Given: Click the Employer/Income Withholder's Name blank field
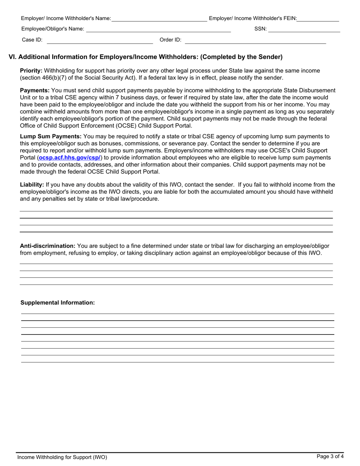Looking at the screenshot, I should coord(159,19).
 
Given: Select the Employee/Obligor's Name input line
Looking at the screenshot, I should coord(158,29).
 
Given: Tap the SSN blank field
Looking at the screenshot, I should coord(304,29).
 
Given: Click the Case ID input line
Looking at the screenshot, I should coord(99,40).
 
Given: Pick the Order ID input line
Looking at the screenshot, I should coord(255,40).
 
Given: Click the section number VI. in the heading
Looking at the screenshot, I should coord(13,57).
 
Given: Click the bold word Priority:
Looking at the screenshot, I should coord(31,71).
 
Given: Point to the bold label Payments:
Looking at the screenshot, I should coord(34,91).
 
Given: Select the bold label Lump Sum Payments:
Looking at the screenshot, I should coord(51,137).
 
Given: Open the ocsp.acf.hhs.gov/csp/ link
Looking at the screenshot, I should coord(70,158).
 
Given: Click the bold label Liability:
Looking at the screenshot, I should coord(32,185).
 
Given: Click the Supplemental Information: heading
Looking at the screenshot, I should coord(58,303).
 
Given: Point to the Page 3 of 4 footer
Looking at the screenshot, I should coord(330,457).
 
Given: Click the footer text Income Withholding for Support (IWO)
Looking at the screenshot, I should coord(62,457).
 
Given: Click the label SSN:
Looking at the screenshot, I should coord(260,29).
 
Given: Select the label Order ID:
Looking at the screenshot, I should coord(171,40).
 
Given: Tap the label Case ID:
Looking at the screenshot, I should coord(32,40).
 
